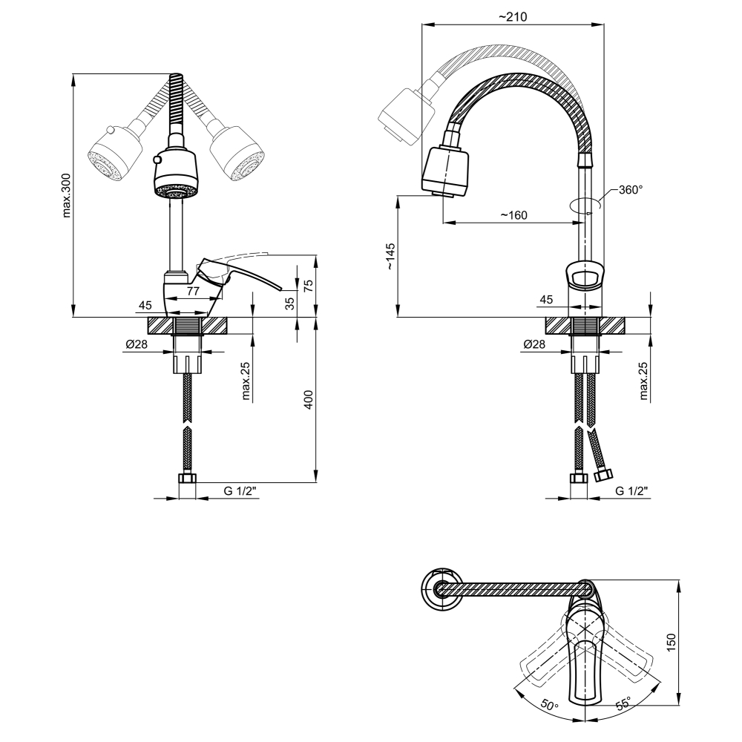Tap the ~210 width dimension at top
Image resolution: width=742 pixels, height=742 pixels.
pyautogui.click(x=512, y=18)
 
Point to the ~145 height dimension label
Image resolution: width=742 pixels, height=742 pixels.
pyautogui.click(x=391, y=256)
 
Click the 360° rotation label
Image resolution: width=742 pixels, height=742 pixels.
pyautogui.click(x=630, y=190)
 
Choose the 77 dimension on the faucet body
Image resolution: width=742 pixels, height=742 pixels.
pyautogui.click(x=192, y=292)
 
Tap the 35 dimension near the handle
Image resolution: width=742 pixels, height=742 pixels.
pyautogui.click(x=290, y=303)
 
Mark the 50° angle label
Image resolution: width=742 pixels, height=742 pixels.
pyautogui.click(x=548, y=706)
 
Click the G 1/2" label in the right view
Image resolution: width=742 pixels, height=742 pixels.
pyautogui.click(x=631, y=490)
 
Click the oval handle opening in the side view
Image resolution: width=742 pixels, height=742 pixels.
pyautogui.click(x=585, y=279)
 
